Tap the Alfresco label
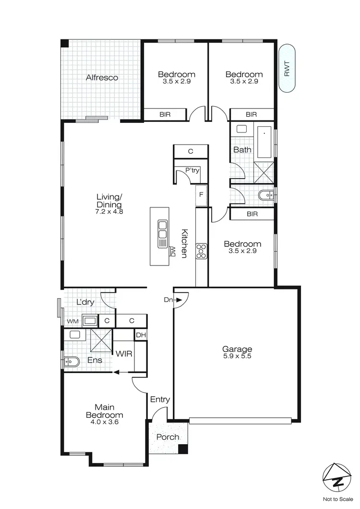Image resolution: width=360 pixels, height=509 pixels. point(102,77)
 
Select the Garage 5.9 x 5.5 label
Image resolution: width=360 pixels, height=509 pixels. point(237,353)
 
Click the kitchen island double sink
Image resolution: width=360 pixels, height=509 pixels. point(162,229)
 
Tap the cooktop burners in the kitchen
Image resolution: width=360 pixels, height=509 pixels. point(201,250)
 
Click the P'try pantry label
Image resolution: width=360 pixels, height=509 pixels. point(193,170)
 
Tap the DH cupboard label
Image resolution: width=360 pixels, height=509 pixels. point(140,335)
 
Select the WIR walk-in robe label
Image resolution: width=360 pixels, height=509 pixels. point(124,353)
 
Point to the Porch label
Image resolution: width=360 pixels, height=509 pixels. point(168,437)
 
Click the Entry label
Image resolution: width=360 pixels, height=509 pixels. point(160,399)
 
